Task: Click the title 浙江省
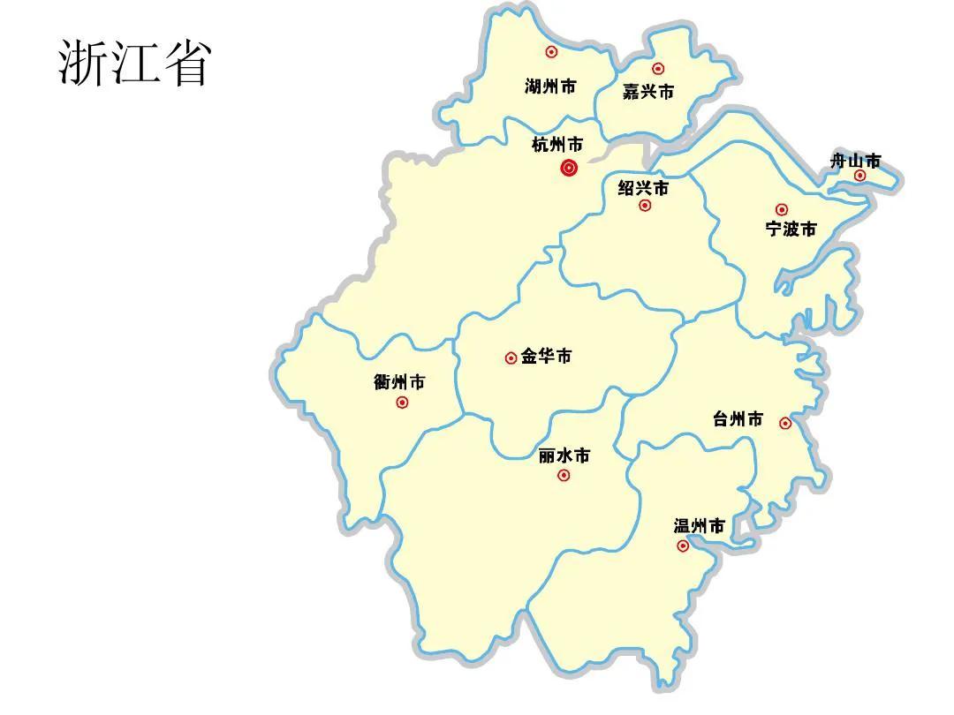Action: pos(134,63)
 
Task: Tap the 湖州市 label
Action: pos(550,87)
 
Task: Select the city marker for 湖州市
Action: pos(551,52)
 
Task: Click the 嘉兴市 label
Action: pos(648,92)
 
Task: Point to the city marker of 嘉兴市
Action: pos(658,68)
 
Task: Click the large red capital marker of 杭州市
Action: pos(570,168)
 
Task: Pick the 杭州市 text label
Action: pos(557,144)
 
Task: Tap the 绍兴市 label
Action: pos(643,188)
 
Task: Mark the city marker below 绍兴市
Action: pos(645,206)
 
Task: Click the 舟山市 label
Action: pos(856,161)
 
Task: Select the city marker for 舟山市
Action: pos(859,175)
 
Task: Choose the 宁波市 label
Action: pos(791,230)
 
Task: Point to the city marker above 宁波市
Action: pos(782,209)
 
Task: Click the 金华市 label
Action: pos(546,357)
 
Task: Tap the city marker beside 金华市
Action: pos(511,357)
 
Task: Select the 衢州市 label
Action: pos(399,382)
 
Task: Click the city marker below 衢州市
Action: pos(403,403)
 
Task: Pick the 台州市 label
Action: pos(738,419)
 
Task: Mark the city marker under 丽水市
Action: pos(564,476)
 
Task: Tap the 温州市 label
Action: pos(700,526)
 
